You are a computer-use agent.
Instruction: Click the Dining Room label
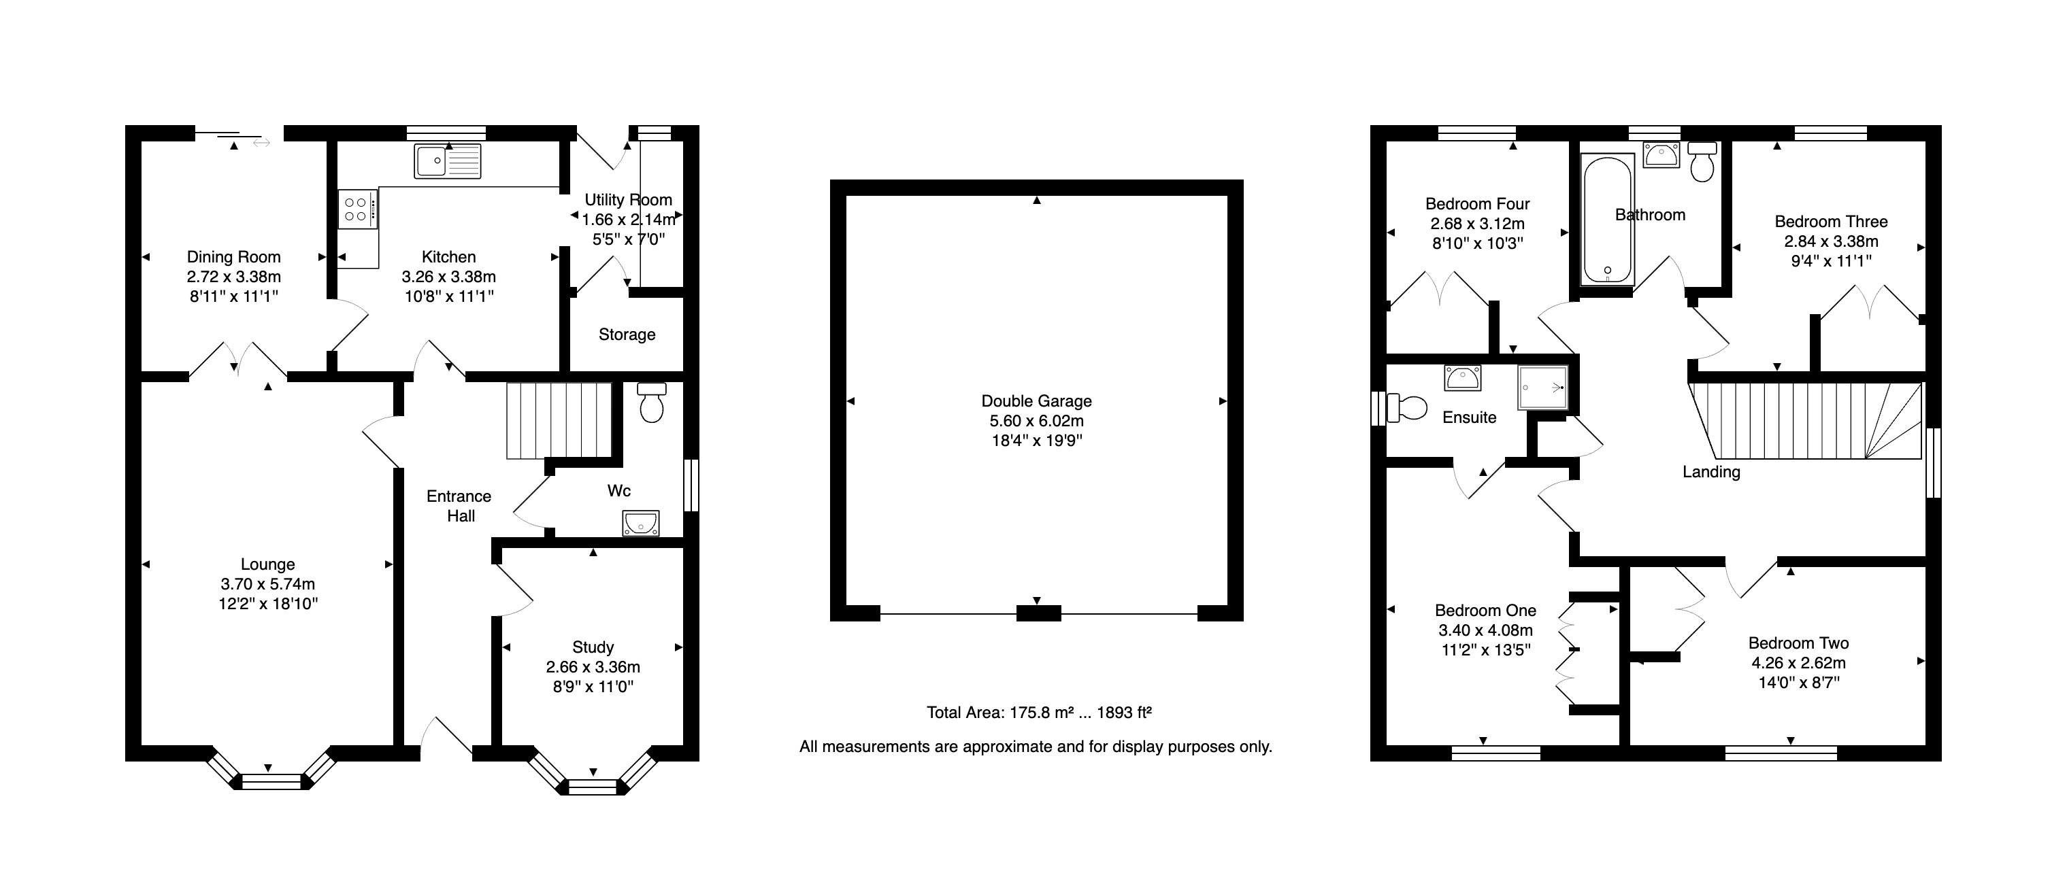click(x=233, y=257)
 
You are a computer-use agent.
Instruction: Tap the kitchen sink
click(x=448, y=161)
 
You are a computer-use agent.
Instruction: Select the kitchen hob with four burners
click(x=357, y=209)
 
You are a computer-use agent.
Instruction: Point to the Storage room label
click(x=627, y=335)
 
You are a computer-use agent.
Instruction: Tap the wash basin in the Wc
click(x=640, y=524)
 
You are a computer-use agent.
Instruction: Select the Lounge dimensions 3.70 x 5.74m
click(x=268, y=584)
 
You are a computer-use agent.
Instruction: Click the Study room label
click(x=593, y=647)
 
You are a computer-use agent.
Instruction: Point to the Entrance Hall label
click(x=459, y=506)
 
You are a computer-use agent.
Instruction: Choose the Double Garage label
click(x=1037, y=401)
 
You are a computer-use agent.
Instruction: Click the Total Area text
click(x=1039, y=713)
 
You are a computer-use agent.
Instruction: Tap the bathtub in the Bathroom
click(x=1607, y=219)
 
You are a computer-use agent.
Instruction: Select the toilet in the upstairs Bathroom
click(x=1702, y=162)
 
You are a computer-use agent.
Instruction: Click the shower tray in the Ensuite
click(x=1542, y=388)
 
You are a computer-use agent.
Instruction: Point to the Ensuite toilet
click(x=1406, y=407)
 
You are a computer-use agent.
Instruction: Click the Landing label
click(x=1712, y=472)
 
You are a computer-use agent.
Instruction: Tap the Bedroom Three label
click(x=1831, y=222)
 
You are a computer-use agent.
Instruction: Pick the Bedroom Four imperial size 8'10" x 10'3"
click(x=1477, y=243)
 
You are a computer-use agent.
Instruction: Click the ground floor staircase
click(x=559, y=421)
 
